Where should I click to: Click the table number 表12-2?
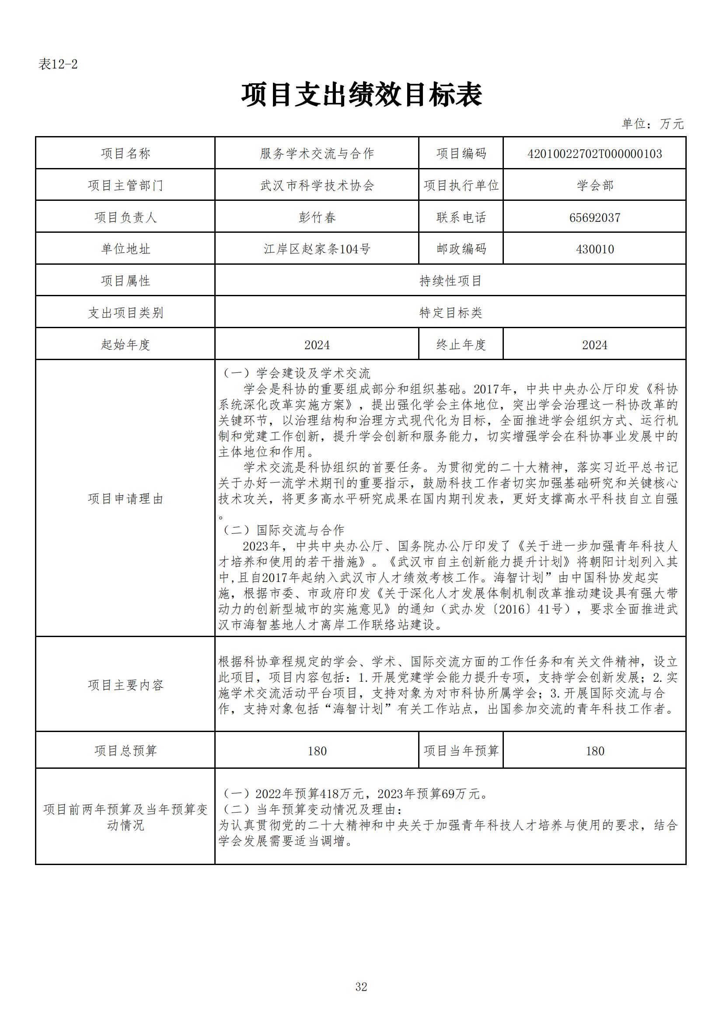pos(58,65)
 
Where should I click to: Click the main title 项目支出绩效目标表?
pos(361,95)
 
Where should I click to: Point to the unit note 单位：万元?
pos(652,124)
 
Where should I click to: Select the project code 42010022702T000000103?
pos(594,154)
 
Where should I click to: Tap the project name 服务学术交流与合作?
pos(317,154)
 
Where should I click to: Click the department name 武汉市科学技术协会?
pos(317,186)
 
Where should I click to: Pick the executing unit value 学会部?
pos(595,186)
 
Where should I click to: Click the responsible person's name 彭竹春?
pos(317,217)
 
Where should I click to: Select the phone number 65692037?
pos(595,217)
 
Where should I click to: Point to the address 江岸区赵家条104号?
pos(317,249)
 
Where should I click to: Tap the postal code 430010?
pos(595,249)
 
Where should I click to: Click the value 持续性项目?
pos(451,281)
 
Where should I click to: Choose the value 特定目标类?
pos(451,313)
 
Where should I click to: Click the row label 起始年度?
pos(126,344)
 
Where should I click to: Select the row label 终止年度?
pos(461,344)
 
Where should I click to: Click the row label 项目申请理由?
pos(126,498)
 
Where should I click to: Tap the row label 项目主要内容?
pos(126,685)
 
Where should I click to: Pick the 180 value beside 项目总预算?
pos(317,751)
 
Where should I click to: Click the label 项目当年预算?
pos(461,751)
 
